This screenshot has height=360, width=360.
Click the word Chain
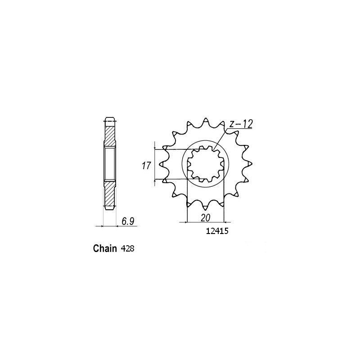coord(106,248)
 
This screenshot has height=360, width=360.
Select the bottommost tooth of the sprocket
coord(206,208)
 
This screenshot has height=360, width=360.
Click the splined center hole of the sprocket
coord(206,164)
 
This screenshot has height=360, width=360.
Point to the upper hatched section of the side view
coord(110,133)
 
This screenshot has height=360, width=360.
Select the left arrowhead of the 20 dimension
coord(188,222)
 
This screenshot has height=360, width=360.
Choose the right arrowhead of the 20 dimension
coord(222,222)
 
